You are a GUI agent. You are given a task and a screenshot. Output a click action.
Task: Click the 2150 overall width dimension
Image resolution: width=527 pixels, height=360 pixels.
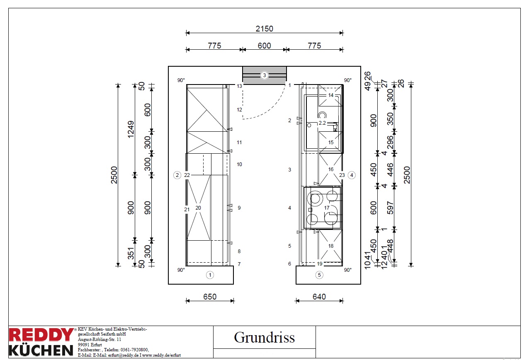coord(265,29)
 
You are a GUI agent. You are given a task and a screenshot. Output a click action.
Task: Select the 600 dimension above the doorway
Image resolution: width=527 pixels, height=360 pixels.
coord(265,46)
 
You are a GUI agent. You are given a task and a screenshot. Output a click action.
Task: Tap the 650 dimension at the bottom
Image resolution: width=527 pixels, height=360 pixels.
coord(210,297)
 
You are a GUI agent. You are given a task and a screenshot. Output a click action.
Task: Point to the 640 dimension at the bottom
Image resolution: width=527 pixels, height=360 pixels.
coord(319,297)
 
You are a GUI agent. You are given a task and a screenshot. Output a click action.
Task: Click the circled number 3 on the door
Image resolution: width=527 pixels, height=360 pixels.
coord(265,75)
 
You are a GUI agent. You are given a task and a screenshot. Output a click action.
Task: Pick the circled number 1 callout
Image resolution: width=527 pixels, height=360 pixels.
coord(210,275)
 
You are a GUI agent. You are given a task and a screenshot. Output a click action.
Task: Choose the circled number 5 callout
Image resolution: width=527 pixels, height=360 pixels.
coord(319,275)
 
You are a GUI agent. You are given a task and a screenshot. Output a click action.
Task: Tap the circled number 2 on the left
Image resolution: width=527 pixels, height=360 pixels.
coord(177,175)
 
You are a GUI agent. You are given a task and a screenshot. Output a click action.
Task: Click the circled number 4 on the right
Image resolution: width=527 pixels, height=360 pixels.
coord(352,175)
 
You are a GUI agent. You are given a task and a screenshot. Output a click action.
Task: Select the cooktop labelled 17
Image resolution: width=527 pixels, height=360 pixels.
coord(323,208)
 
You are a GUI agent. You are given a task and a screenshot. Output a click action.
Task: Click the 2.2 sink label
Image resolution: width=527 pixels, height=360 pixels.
coord(322,123)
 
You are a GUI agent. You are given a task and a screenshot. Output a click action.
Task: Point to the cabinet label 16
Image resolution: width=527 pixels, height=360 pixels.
coord(331,169)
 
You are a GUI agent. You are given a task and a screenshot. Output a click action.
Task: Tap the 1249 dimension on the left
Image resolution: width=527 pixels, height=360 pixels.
coord(131,130)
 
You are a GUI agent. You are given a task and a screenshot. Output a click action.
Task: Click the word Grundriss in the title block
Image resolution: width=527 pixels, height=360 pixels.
coord(264,338)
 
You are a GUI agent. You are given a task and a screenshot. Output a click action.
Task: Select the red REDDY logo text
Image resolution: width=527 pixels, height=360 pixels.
coord(41,335)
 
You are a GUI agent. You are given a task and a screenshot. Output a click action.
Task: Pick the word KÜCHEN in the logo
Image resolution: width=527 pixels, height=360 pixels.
coord(41,350)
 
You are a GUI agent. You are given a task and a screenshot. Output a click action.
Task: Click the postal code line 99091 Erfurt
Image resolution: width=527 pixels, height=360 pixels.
coord(90,345)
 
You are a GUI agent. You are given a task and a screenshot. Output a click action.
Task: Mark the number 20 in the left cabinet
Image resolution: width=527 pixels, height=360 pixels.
coord(198,208)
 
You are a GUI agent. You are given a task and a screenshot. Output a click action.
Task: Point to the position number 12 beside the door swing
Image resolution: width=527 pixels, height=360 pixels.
coord(239,110)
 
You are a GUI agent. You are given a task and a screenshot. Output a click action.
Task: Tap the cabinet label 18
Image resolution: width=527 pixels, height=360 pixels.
coord(331,246)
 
